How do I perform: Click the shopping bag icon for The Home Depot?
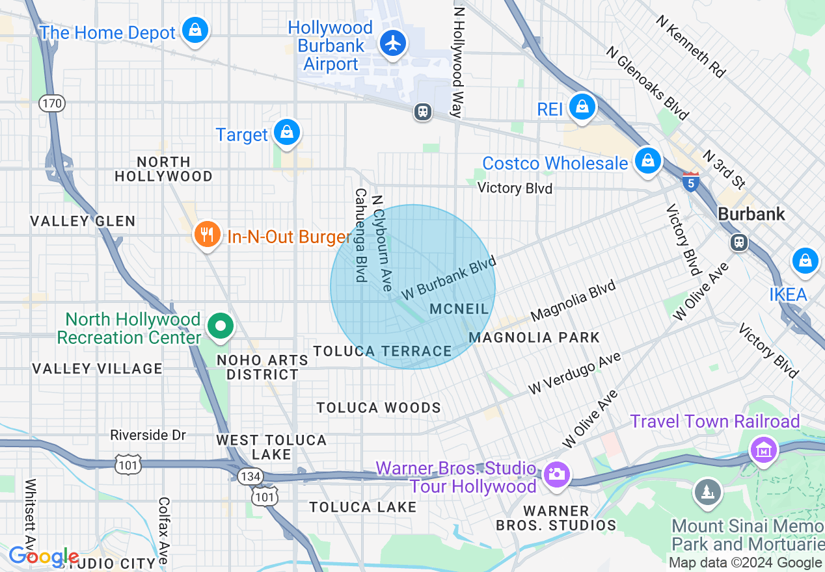click(195, 31)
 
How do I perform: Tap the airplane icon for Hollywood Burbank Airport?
click(392, 44)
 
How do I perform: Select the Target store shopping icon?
click(286, 133)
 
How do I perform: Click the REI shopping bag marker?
click(582, 107)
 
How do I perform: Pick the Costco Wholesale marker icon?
click(647, 161)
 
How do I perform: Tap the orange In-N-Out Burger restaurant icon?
click(207, 235)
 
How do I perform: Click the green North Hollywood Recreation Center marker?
click(221, 326)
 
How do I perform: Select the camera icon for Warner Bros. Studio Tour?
click(556, 474)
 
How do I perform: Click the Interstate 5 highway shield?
click(691, 181)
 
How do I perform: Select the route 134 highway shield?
click(249, 476)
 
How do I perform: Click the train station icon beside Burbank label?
click(738, 242)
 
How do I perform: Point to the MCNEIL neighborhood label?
click(459, 309)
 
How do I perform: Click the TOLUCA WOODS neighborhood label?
click(379, 408)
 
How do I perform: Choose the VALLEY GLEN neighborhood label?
click(83, 221)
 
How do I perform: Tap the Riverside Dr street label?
click(148, 435)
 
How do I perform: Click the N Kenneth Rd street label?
click(690, 47)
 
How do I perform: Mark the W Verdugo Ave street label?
click(575, 374)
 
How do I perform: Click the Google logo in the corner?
click(43, 556)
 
